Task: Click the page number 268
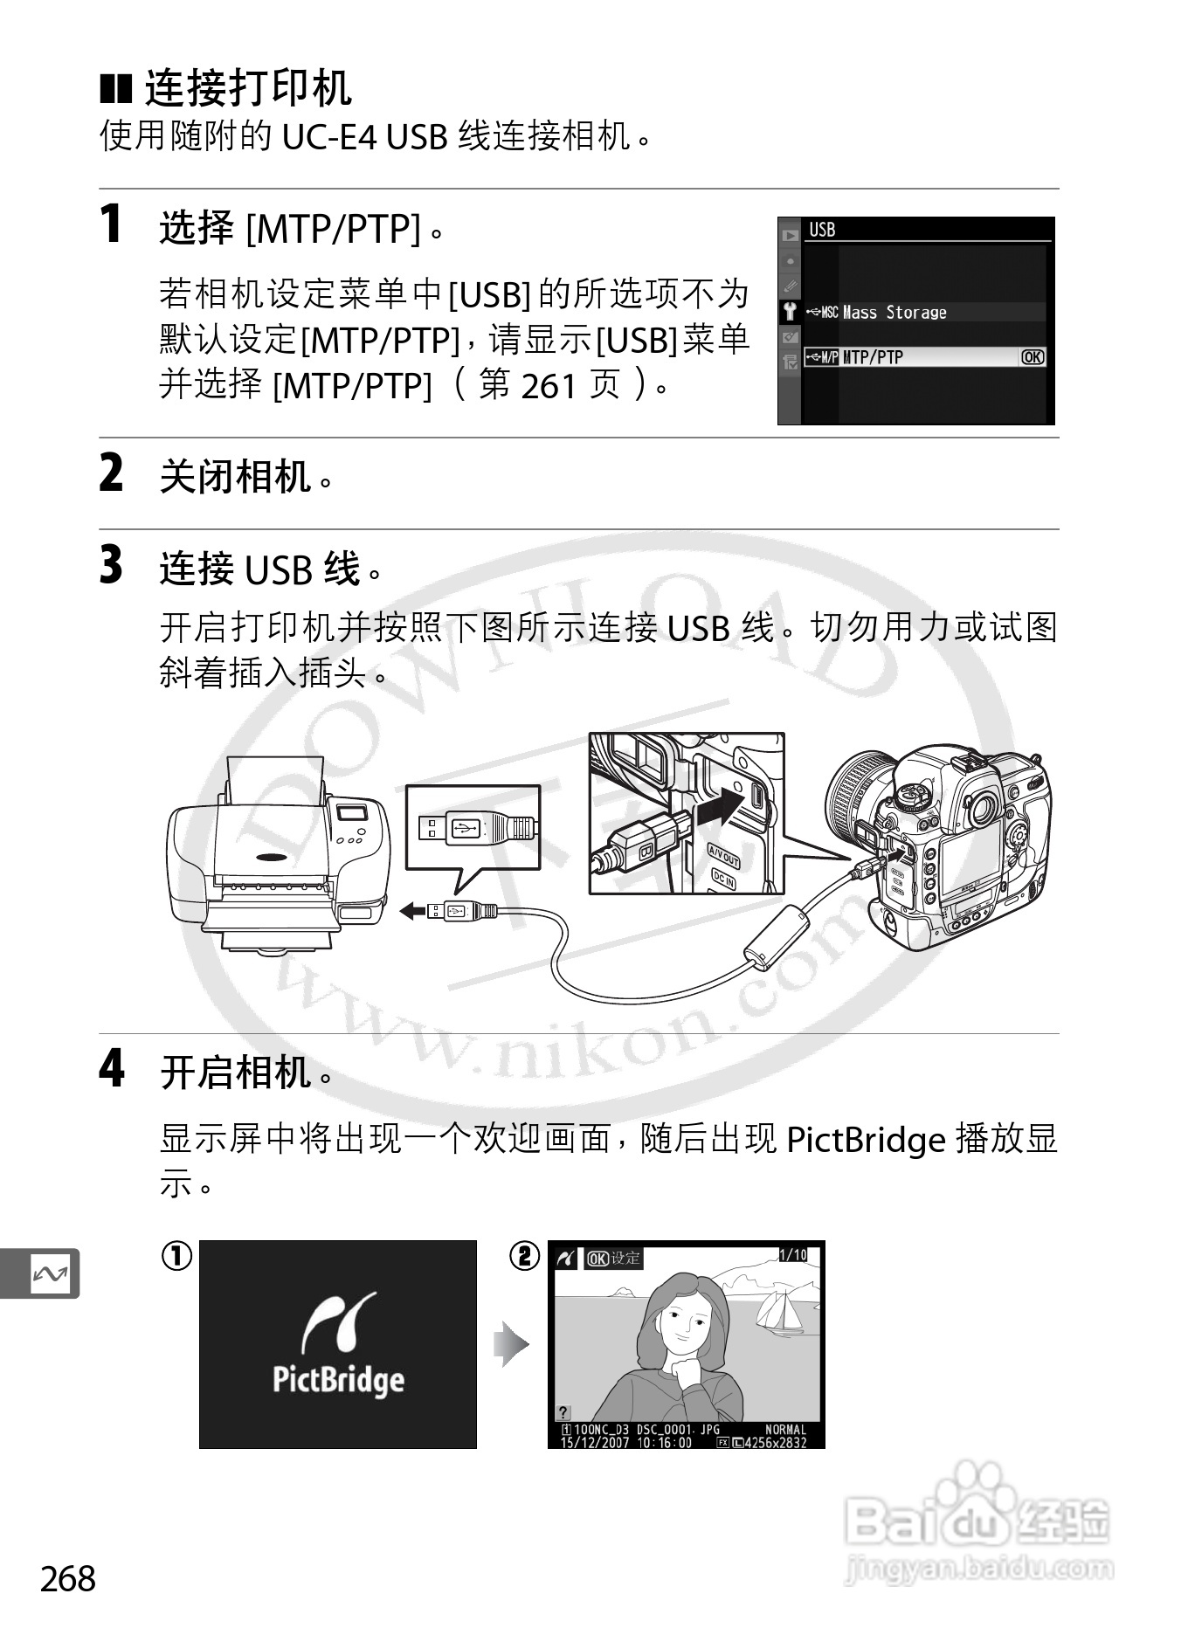(68, 1578)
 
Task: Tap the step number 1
(111, 224)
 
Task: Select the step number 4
(112, 1068)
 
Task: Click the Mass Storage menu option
(894, 313)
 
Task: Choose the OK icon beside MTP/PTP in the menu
(1032, 356)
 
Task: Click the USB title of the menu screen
(822, 230)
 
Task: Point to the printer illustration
(278, 853)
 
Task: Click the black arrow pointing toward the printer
(413, 911)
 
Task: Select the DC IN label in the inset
(723, 880)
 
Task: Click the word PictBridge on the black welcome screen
(338, 1379)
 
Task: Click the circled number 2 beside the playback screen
(524, 1257)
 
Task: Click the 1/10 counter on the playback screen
(792, 1255)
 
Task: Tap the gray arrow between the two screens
(512, 1343)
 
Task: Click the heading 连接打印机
(248, 87)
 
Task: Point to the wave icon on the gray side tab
(49, 1274)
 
